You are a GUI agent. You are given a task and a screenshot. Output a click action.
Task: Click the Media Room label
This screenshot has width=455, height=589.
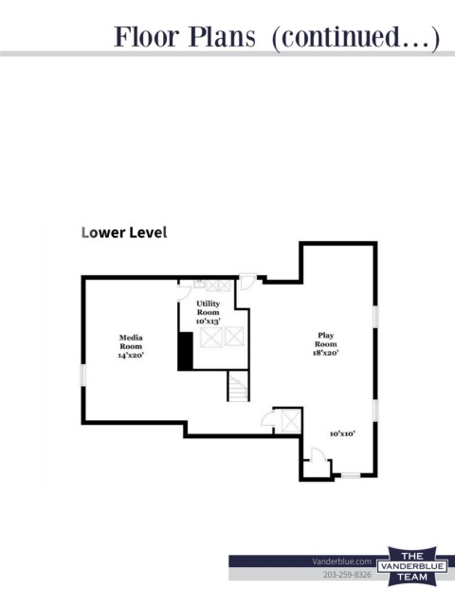point(131,341)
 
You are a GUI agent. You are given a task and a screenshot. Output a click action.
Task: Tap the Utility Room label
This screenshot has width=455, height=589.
point(208,307)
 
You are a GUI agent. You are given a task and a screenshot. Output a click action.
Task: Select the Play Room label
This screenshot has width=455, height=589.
point(325,340)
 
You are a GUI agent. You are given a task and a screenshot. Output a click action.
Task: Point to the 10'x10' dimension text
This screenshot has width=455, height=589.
point(342,433)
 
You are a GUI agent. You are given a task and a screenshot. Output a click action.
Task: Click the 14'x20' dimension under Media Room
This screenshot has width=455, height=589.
point(131,355)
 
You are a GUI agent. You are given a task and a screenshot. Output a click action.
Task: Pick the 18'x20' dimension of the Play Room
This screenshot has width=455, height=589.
point(326,352)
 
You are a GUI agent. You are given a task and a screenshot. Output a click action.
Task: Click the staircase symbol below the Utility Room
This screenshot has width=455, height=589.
point(238,387)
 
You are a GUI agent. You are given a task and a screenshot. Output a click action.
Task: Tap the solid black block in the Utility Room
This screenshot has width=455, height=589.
point(186,351)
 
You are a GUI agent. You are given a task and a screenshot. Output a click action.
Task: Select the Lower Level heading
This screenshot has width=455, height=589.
point(124,232)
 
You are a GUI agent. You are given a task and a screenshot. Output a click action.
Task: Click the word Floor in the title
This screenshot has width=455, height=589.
point(146,37)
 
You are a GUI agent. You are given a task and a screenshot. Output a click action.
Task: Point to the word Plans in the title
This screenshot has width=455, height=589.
point(222,37)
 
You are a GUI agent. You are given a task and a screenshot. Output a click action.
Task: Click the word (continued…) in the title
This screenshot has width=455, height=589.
point(355,38)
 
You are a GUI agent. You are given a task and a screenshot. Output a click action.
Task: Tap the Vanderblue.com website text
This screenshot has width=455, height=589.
point(341,561)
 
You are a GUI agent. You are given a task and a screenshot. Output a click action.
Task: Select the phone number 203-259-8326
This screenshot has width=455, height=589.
point(347,575)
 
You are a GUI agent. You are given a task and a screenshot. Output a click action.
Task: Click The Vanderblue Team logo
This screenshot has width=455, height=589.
point(412,566)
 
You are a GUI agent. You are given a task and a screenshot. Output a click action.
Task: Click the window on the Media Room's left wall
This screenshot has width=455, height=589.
point(83,375)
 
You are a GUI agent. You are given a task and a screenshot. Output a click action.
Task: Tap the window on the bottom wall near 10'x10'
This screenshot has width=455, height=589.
point(351,475)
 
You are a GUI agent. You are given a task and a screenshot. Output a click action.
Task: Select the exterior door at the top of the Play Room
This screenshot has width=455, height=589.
point(248,282)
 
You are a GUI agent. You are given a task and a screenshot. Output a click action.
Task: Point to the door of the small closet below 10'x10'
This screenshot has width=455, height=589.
point(318,454)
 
